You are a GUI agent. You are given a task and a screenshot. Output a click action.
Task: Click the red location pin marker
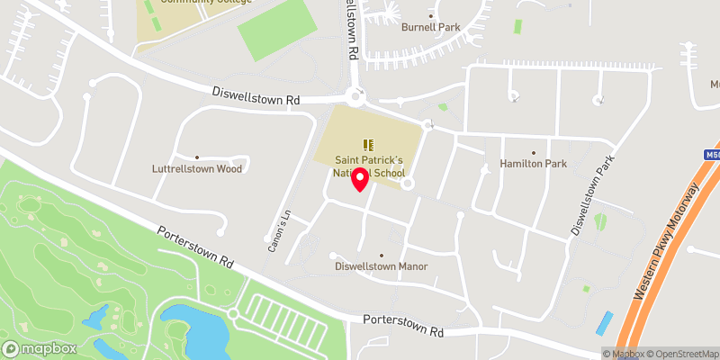coord(360,178)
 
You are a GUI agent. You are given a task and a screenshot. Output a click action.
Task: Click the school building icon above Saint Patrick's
coord(367,144)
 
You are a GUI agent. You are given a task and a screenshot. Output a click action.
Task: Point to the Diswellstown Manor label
coord(381,266)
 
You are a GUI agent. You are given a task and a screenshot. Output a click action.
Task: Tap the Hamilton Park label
coord(532,164)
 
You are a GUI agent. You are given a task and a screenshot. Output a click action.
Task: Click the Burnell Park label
coord(430,28)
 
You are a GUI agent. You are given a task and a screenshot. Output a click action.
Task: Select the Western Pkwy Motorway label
coord(666,241)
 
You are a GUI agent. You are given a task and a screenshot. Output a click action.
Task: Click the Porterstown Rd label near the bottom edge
coord(404,326)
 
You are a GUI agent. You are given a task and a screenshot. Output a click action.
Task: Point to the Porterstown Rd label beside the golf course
coord(195,247)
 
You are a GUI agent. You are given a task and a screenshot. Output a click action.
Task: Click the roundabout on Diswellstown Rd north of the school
coord(356,94)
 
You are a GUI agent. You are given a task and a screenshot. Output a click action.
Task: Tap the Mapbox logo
coord(40,348)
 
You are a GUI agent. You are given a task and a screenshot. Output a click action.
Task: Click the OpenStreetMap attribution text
coord(682,354)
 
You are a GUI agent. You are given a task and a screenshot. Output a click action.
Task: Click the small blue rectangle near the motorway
coord(605,324)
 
